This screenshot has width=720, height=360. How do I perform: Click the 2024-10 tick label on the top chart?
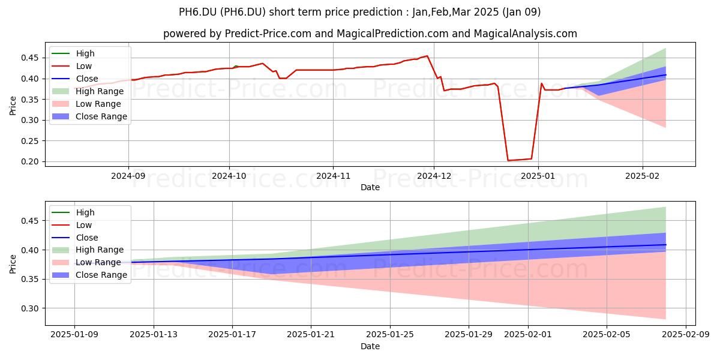coord(229,176)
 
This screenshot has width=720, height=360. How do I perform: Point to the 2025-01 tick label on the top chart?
coord(538,176)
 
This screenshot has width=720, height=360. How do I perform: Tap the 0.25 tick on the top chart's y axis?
coord(29,141)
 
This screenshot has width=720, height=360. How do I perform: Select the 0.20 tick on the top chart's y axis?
coord(29,161)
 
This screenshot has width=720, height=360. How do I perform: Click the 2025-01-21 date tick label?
coord(311,334)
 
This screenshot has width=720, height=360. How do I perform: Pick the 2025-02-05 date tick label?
coord(607,334)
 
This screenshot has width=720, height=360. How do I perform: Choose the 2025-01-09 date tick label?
coord(74,334)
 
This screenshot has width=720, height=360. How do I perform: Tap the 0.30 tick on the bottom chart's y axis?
coord(29,308)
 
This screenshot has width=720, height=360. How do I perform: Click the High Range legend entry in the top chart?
coord(88,91)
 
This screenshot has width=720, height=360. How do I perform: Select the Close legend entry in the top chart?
coord(75,79)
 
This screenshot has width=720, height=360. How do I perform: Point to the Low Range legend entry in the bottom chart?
coord(86,262)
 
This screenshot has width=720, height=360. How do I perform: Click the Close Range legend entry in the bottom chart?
coord(89,275)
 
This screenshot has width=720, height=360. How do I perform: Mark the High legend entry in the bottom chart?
coord(73,212)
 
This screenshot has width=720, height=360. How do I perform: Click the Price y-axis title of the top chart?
coord(13,106)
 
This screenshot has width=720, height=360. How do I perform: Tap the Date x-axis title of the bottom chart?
coord(370,346)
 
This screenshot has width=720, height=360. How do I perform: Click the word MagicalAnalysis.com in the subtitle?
coord(525,34)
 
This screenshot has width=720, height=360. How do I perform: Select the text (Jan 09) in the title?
coord(521,12)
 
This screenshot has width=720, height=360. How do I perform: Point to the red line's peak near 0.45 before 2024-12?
coord(427,56)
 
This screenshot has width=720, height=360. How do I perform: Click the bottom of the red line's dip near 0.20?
coord(508,160)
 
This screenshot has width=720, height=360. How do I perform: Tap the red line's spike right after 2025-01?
coord(542,83)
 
